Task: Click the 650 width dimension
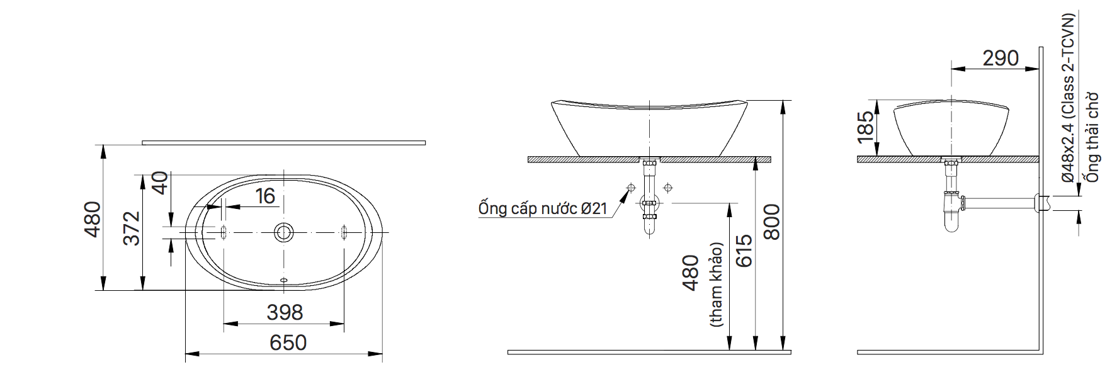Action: coord(288,342)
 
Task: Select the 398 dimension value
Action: coord(285,312)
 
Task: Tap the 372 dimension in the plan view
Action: coord(131,228)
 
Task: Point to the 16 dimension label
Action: coord(265,196)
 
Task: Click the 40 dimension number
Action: coord(160,183)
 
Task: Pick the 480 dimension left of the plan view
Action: coord(93,219)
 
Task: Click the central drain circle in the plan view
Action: coord(284,232)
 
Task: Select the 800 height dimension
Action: coord(771,222)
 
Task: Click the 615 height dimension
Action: coord(744,251)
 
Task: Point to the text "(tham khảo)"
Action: coord(716,285)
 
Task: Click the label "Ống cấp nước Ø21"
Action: coord(543,208)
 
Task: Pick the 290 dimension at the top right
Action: coord(1000,59)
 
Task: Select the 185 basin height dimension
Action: coord(866,125)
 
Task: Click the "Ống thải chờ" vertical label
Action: coord(1092,137)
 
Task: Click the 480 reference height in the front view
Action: coord(691,273)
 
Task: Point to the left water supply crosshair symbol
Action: coord(631,188)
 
